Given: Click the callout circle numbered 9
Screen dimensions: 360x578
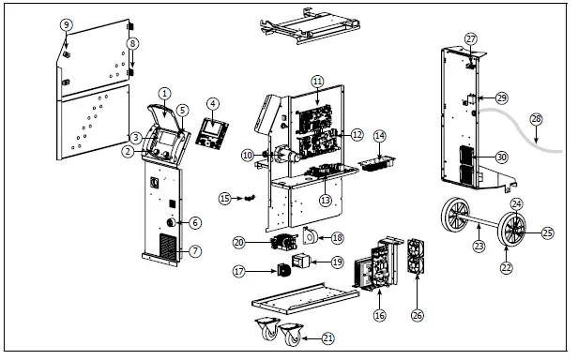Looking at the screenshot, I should (x=66, y=24).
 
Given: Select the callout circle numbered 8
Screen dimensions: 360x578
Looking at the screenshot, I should (x=133, y=43).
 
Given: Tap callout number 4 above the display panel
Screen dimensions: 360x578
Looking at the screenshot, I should (x=213, y=103).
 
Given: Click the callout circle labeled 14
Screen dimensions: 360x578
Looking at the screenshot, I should (x=379, y=136).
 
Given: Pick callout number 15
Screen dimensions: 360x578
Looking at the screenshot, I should (x=223, y=198).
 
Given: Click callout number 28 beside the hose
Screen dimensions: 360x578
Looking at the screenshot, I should (x=536, y=119).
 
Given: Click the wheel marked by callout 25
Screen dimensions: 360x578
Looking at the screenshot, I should (x=513, y=229).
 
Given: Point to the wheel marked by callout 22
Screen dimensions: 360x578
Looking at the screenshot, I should (x=455, y=227).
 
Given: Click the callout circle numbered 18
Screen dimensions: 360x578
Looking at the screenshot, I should (x=337, y=239).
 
